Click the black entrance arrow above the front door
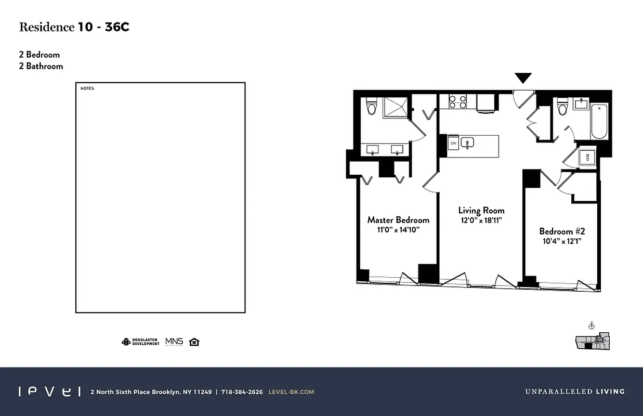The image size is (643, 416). [523, 78]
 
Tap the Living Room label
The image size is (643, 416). [481, 211]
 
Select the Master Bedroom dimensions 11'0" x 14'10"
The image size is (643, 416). [398, 229]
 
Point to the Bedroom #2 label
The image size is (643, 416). [562, 231]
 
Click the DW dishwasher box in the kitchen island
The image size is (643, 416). [453, 143]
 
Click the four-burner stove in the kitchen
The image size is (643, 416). [457, 101]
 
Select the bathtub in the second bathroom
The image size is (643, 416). [599, 122]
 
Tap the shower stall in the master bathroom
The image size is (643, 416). [397, 108]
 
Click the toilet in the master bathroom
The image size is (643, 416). [371, 107]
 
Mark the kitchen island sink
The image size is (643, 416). [467, 142]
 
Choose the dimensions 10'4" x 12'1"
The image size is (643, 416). [562, 241]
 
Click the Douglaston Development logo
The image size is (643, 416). [140, 342]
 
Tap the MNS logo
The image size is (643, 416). [174, 342]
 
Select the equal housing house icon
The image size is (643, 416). [194, 342]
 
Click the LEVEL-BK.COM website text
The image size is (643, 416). [291, 392]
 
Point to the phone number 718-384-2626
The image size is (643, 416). [242, 392]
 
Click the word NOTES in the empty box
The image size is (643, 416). [87, 88]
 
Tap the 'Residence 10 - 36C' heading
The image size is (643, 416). [74, 28]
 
